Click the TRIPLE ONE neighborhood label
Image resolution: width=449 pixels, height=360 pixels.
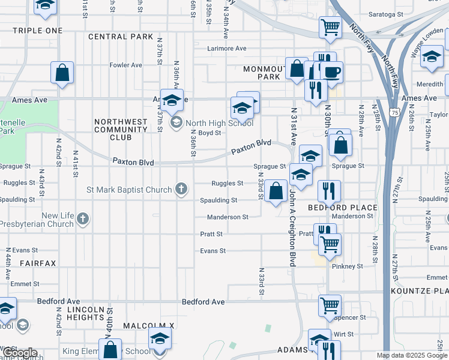coord(37,31)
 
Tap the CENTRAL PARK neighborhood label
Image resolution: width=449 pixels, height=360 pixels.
coord(121,37)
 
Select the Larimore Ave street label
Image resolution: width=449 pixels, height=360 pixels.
coord(227,49)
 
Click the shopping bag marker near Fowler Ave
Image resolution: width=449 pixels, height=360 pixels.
coord(62,73)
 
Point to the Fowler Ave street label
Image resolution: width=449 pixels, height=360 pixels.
coord(125,65)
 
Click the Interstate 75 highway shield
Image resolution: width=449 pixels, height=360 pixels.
coord(394,112)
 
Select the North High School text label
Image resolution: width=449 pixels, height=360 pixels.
coord(220,123)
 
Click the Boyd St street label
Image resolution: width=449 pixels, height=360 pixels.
coord(210,133)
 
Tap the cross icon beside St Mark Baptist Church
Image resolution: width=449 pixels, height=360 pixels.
coord(179,190)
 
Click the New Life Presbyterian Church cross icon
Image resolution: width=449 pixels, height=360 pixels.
coord(83,220)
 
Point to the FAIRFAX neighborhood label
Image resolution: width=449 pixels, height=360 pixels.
coord(37,263)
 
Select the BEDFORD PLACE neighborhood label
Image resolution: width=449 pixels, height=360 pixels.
coord(343,208)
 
